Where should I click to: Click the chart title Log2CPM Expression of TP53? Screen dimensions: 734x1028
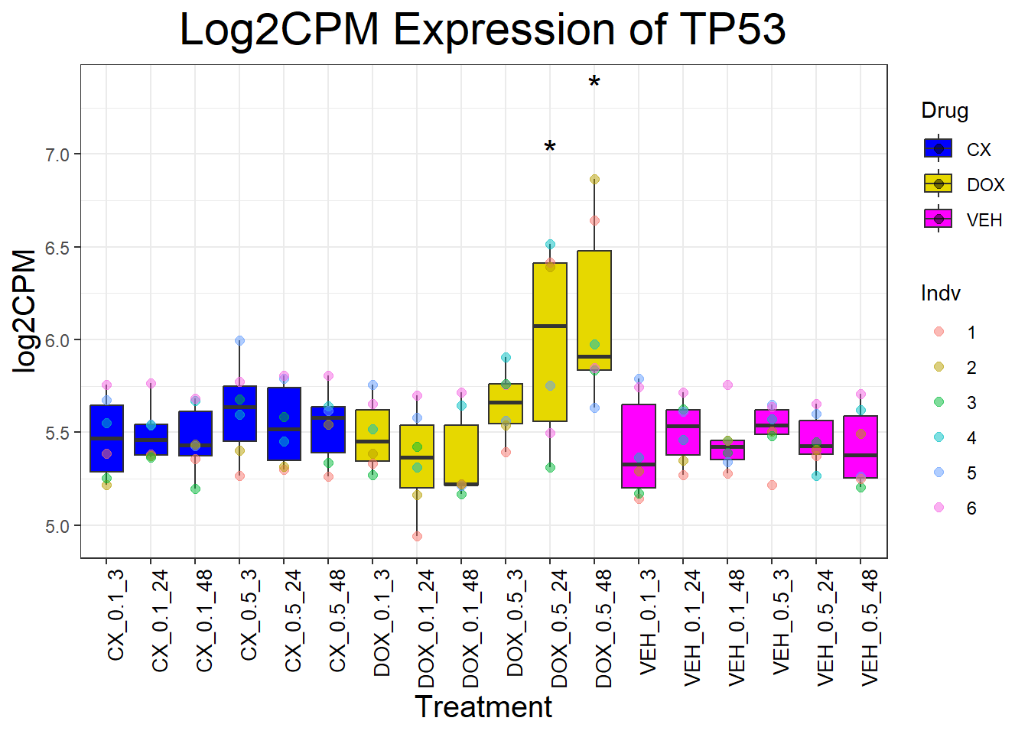[483, 31]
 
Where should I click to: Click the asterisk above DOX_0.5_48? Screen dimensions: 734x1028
[594, 83]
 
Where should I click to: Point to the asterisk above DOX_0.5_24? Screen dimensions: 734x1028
[550, 148]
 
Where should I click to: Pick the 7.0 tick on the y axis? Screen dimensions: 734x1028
[57, 154]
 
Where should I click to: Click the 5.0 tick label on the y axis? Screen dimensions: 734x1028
[57, 526]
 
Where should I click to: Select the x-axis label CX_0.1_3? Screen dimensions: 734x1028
[115, 615]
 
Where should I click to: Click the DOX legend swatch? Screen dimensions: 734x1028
[939, 184]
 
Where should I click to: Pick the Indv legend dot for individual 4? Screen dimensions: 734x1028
[939, 437]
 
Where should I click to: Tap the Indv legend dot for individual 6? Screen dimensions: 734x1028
[939, 508]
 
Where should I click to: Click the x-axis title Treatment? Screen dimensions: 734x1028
[483, 707]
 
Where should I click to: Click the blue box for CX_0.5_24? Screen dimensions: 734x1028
[284, 424]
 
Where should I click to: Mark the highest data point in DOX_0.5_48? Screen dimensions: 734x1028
[594, 180]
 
